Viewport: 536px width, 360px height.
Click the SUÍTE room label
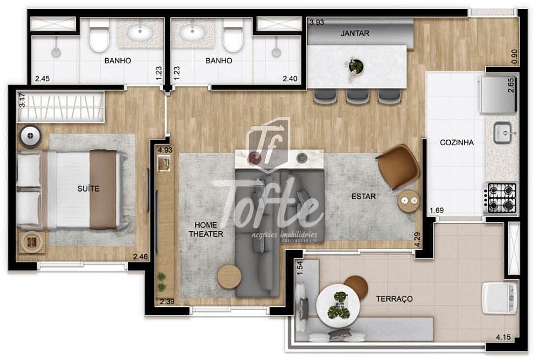click(x=89, y=189)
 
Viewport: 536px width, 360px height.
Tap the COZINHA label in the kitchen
click(x=456, y=142)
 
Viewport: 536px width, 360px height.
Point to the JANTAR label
click(x=355, y=33)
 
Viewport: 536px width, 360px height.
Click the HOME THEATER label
click(x=206, y=229)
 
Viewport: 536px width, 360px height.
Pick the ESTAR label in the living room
click(x=364, y=197)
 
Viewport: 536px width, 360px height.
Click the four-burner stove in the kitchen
click(x=502, y=198)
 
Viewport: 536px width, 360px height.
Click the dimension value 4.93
click(x=165, y=150)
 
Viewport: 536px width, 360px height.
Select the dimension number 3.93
click(x=316, y=23)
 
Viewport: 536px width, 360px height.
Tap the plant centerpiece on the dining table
click(x=356, y=66)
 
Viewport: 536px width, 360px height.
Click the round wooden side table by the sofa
click(x=229, y=277)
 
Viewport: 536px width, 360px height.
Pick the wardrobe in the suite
click(x=61, y=107)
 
